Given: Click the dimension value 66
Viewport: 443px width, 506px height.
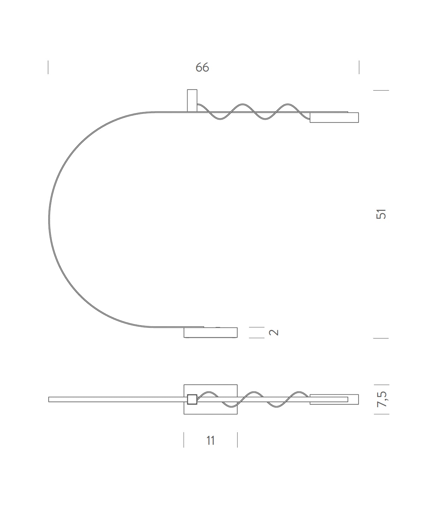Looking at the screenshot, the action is click(202, 67).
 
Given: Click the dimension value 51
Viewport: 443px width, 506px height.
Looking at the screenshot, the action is click(381, 214).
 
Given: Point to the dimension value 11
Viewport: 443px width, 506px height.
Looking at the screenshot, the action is click(210, 440).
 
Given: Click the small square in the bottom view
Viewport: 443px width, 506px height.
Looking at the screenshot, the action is click(192, 399).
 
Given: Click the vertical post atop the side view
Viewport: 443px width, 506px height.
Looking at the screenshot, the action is click(192, 101).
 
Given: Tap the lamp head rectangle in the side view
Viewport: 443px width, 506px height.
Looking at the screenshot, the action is click(334, 117).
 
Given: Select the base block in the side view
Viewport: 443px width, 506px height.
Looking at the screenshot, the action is click(211, 333).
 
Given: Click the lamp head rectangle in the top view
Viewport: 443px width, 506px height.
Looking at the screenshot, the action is click(334, 399).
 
